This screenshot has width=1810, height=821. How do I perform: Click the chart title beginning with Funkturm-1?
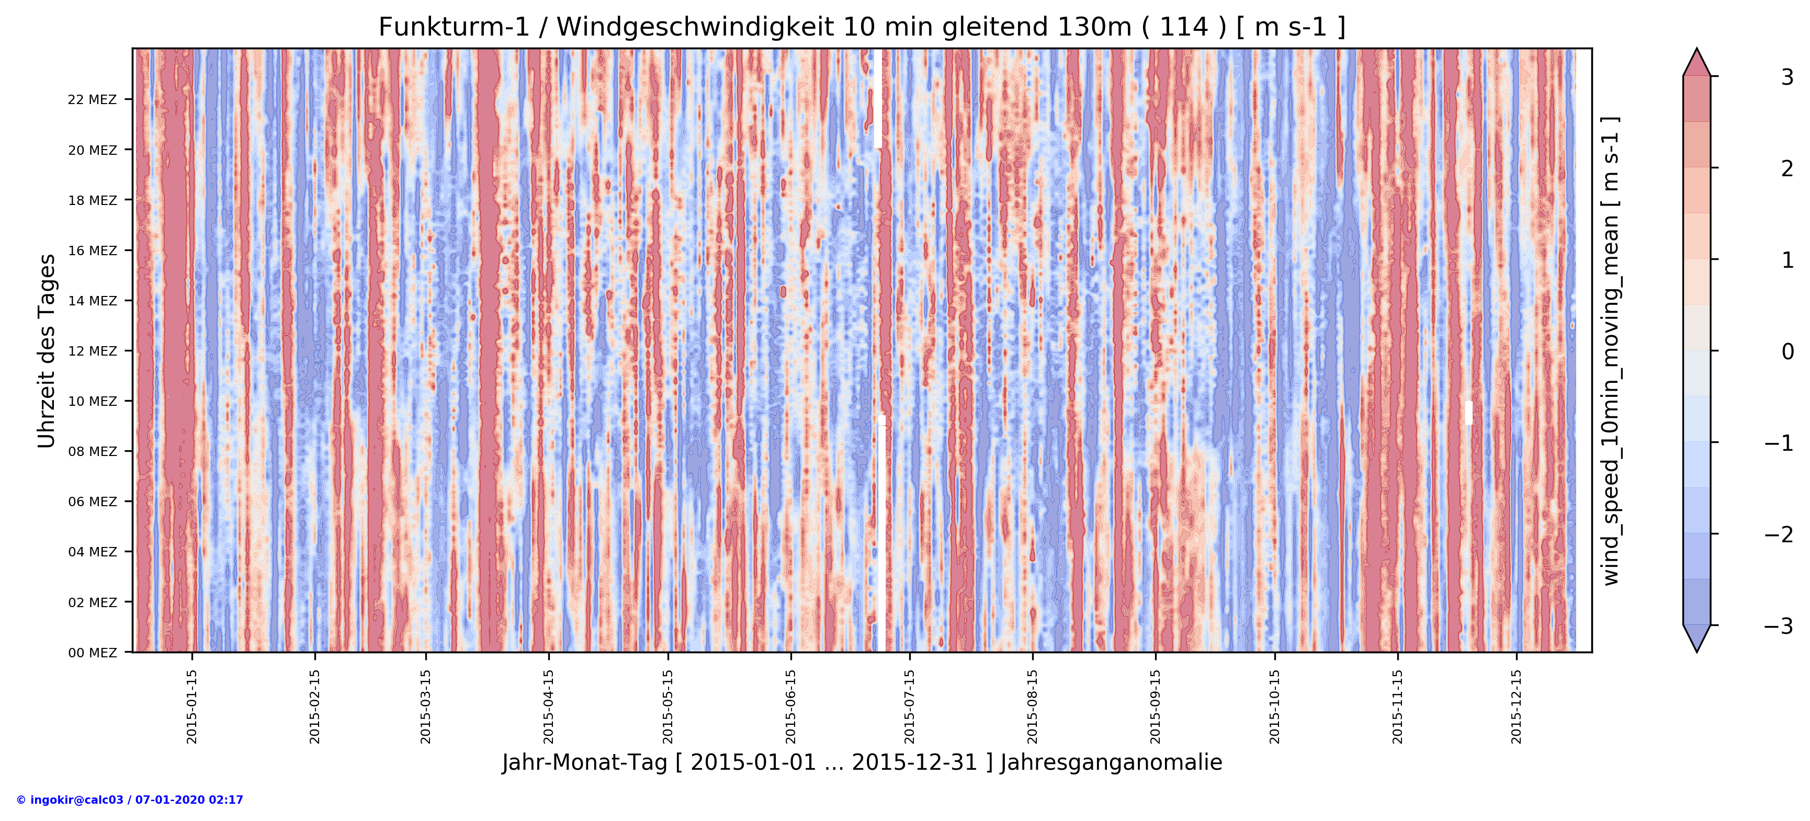point(862,27)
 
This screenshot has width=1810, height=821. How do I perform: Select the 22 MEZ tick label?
point(92,100)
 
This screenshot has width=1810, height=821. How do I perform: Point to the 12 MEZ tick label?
point(92,351)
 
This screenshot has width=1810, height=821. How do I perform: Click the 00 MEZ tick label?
point(92,653)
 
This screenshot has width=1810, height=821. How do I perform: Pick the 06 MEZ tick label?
point(92,501)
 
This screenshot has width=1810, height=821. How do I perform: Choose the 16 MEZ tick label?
point(92,250)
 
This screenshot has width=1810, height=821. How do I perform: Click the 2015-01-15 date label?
point(192,706)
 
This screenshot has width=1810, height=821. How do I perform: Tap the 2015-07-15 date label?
point(909,706)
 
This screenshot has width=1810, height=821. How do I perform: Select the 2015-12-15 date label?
point(1517,706)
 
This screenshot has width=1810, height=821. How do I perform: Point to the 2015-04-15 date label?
point(548,706)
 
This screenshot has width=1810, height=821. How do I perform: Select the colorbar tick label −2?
point(1779,534)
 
